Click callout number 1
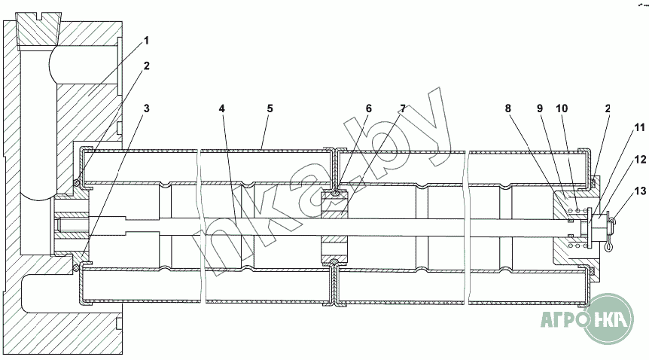147,39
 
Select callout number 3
147,108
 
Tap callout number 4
222,108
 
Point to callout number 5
270,108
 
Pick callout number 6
368,108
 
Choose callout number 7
403,108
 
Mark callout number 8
508,108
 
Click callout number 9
539,108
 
